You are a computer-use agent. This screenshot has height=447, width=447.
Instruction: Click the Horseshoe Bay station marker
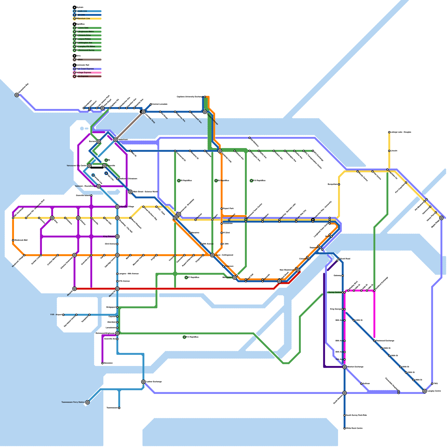click(17, 95)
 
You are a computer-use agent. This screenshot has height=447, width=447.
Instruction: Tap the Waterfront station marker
click(115, 140)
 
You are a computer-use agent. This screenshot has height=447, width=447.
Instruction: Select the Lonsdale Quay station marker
click(143, 112)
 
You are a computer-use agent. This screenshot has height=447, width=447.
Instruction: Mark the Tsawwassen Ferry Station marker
click(87, 402)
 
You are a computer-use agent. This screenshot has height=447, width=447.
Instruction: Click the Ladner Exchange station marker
click(143, 382)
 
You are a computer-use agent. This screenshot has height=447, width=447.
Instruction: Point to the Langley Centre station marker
click(425, 391)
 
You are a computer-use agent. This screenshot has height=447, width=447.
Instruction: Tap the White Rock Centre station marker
click(344, 428)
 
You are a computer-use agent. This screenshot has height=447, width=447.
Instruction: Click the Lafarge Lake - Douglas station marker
click(389, 132)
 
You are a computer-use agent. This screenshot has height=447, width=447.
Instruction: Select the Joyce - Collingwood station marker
click(212, 255)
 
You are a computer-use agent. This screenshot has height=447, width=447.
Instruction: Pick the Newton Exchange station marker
click(344, 367)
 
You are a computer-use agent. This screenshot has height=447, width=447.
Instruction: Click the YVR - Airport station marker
click(63, 315)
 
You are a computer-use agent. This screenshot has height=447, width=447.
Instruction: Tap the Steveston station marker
click(103, 363)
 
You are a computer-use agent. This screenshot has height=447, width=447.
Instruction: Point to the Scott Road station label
click(345, 259)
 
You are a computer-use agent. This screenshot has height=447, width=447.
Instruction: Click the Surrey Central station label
click(335, 293)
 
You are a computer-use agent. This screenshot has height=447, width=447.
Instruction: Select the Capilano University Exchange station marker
click(205, 97)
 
